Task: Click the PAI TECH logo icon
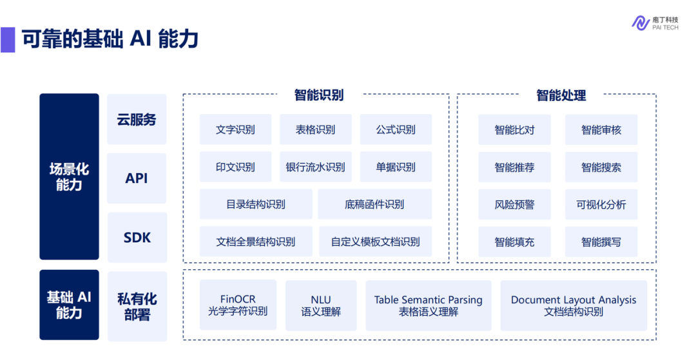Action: tap(640, 23)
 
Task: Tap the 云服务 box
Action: tap(137, 119)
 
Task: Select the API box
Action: tap(137, 178)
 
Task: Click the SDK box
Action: tap(137, 238)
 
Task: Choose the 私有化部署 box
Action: tap(137, 307)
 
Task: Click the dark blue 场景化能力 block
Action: tap(69, 176)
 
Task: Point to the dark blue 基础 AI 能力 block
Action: tap(69, 305)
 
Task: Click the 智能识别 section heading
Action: tap(319, 95)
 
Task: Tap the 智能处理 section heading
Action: tap(561, 95)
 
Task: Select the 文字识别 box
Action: tap(235, 129)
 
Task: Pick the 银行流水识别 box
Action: tap(316, 167)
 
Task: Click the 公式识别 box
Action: tap(396, 129)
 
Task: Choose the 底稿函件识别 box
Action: tap(374, 204)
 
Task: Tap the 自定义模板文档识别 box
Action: tap(376, 242)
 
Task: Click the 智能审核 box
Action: tap(601, 130)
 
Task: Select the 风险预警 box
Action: tap(514, 204)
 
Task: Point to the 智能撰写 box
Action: tap(601, 242)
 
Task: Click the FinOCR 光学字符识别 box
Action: tap(238, 305)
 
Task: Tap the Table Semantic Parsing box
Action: tap(429, 305)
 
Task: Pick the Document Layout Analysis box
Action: tap(574, 305)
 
